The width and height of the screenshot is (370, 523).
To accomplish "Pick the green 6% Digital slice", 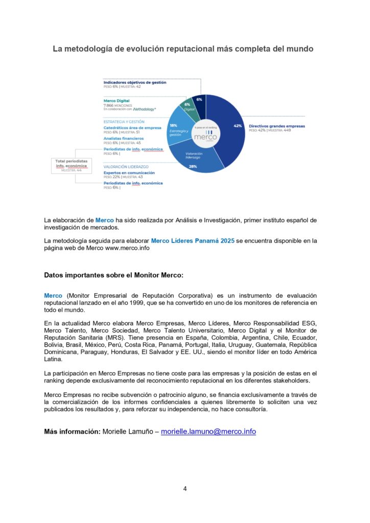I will pyautogui.click(x=189, y=106).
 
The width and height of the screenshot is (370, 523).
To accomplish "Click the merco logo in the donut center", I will pyautogui.click(x=206, y=135).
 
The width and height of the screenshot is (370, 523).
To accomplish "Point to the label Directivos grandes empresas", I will pyautogui.click(x=276, y=126).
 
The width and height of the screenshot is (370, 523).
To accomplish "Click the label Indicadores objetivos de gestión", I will pyautogui.click(x=134, y=82).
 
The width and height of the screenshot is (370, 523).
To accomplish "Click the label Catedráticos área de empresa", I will pyautogui.click(x=132, y=128).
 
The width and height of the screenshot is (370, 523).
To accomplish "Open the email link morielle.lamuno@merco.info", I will pyautogui.click(x=208, y=432).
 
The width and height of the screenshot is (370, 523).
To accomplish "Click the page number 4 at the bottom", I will pyautogui.click(x=185, y=488).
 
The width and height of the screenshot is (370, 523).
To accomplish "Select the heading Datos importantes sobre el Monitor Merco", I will pyautogui.click(x=113, y=275).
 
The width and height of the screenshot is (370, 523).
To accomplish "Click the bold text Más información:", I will pyautogui.click(x=72, y=432).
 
